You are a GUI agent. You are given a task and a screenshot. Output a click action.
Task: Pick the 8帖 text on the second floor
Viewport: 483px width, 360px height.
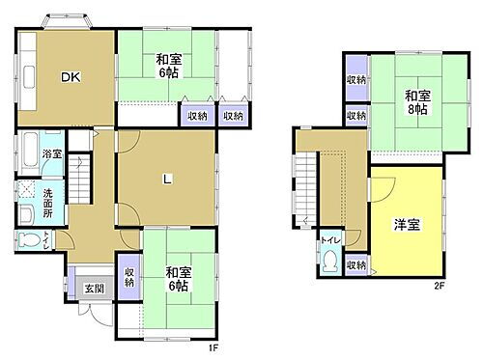pyautogui.click(x=416, y=110)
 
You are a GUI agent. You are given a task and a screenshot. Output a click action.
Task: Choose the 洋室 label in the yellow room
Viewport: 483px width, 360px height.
pyautogui.click(x=406, y=226)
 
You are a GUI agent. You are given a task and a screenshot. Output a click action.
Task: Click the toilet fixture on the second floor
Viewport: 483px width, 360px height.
pyautogui.click(x=331, y=261)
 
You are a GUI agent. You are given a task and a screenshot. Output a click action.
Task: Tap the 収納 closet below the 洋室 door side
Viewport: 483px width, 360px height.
pyautogui.click(x=355, y=264)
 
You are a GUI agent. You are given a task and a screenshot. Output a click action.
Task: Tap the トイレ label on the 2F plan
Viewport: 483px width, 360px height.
pyautogui.click(x=329, y=239)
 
